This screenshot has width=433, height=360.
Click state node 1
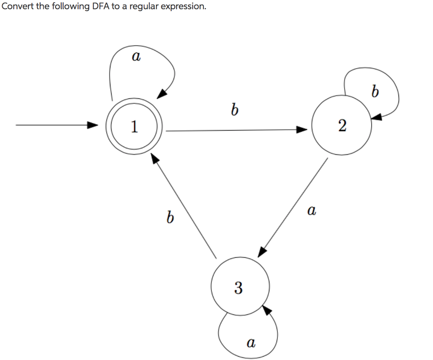pos(134,127)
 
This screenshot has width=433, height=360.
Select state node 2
pos(342,125)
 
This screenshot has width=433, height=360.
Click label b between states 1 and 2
pos(234,111)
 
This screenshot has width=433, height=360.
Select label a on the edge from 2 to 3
pos(312,210)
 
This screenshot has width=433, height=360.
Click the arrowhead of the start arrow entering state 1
pos(93,125)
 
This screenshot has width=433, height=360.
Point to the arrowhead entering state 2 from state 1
pos(301,130)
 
